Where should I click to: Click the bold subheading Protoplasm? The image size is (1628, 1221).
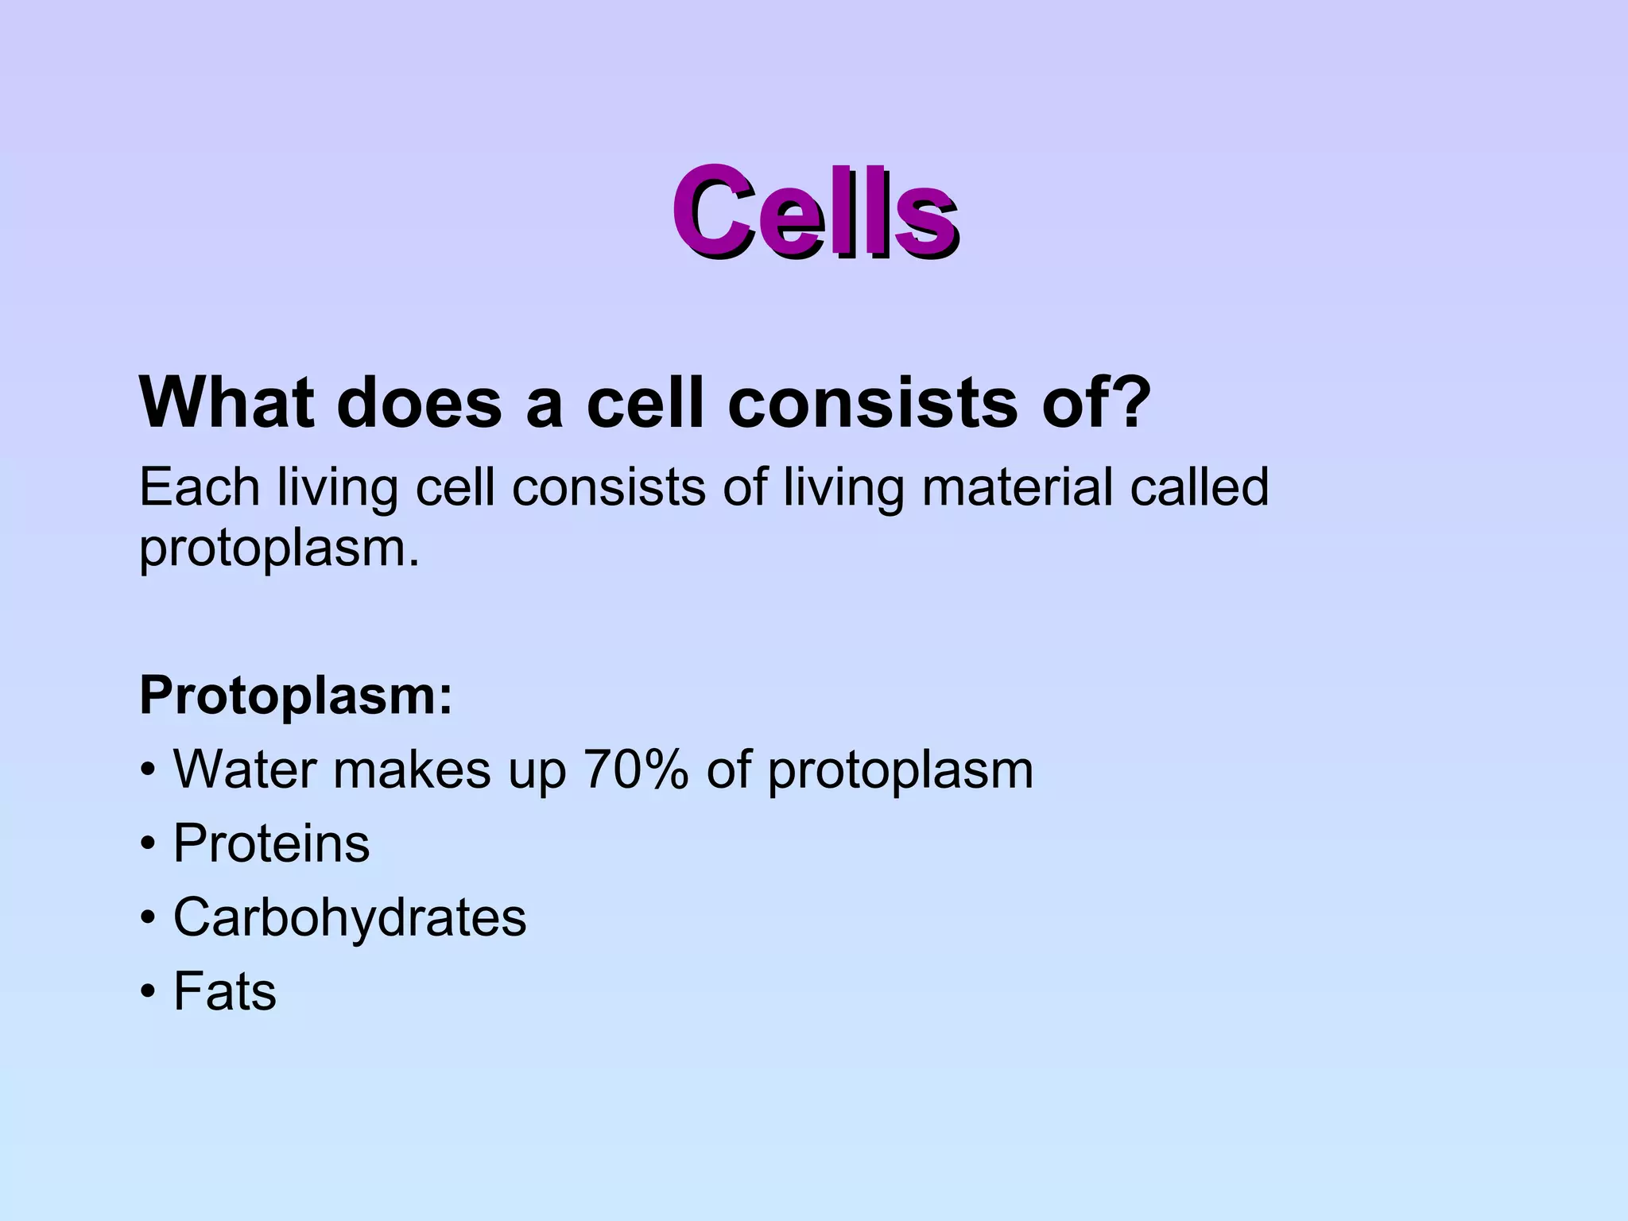point(296,696)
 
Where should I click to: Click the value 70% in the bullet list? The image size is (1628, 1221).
point(635,769)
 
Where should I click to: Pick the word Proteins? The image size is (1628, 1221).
point(271,843)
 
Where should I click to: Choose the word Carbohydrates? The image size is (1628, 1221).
point(350,917)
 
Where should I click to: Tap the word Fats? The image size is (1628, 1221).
point(225,991)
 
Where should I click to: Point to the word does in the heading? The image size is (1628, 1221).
point(419,402)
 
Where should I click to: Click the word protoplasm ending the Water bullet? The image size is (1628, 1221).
point(900,771)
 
